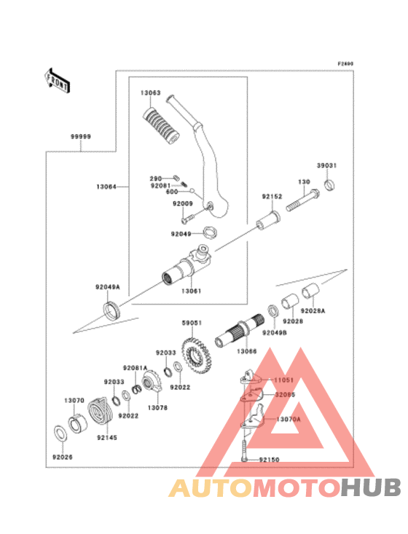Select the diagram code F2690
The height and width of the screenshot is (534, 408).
[x=345, y=64]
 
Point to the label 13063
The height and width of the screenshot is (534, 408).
[x=151, y=94]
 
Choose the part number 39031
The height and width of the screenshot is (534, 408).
[x=326, y=166]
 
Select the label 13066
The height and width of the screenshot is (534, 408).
[x=246, y=352]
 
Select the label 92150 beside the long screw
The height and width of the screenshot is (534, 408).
[x=270, y=460]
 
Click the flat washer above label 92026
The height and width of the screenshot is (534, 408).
[x=62, y=434]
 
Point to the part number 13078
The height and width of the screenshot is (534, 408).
[x=157, y=407]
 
